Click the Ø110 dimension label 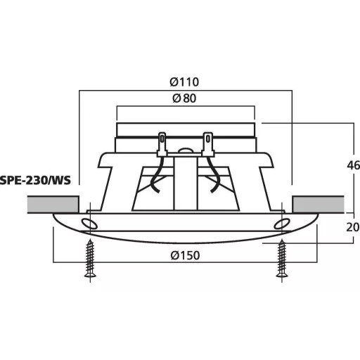coord(186,82)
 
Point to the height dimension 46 coord(352,167)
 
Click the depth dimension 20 coord(352,227)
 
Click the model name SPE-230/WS coord(36,181)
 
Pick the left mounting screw coord(90,260)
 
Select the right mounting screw coord(282,260)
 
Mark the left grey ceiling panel coord(52,205)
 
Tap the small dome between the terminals coord(186,150)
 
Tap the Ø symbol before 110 coord(175,82)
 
